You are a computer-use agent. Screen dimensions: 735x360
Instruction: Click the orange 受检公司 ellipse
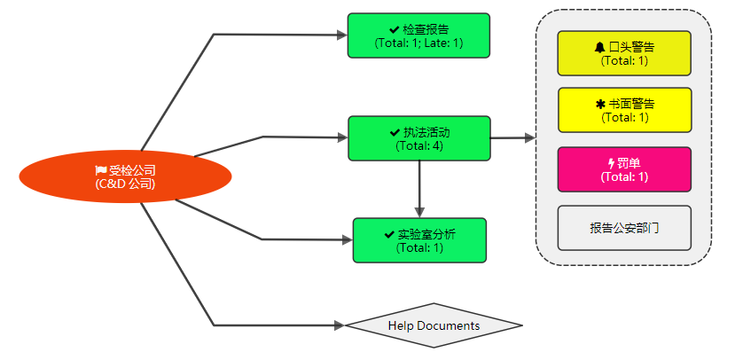(x=125, y=176)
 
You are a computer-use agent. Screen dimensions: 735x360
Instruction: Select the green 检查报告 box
(x=418, y=35)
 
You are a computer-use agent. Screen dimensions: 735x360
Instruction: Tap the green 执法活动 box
(x=419, y=138)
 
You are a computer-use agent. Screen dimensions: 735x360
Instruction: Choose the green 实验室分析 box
(x=419, y=240)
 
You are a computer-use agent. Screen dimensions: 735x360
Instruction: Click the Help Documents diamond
(x=434, y=325)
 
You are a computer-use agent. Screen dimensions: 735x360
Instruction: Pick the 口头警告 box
(x=624, y=53)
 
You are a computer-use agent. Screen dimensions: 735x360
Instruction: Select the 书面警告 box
(x=624, y=110)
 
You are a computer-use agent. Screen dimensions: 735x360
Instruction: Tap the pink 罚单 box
(x=624, y=169)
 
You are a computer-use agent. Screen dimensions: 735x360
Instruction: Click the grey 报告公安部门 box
(x=624, y=228)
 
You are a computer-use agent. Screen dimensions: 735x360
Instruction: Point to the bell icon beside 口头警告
(x=600, y=47)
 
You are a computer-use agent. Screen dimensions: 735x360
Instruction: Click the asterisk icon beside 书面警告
(x=600, y=104)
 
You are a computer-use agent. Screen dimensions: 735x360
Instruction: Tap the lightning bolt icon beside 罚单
(x=611, y=163)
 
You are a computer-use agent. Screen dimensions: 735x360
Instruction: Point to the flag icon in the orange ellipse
(x=101, y=170)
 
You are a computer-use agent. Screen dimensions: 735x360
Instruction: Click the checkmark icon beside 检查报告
(x=395, y=30)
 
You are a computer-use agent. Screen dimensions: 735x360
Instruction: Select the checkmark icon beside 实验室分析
(x=389, y=234)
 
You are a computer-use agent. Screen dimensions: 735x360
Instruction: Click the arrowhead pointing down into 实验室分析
(x=419, y=212)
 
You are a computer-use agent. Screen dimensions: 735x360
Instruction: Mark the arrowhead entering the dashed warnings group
(x=530, y=137)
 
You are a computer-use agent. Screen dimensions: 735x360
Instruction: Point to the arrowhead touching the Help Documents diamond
(x=340, y=325)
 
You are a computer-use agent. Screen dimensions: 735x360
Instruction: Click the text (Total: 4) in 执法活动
(x=419, y=145)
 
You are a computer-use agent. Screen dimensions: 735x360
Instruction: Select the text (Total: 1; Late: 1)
(x=418, y=43)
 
